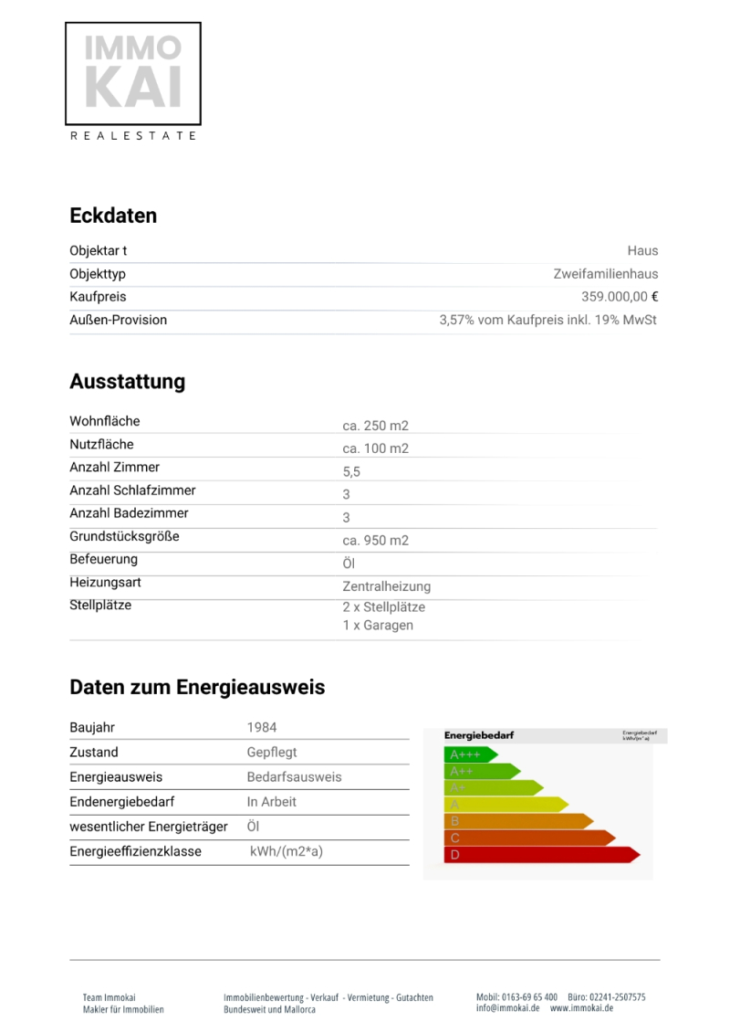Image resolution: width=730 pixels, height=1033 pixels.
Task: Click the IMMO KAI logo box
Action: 133,74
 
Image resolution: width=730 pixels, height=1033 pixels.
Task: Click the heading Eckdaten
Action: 113,216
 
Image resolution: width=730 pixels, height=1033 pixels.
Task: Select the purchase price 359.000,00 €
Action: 620,297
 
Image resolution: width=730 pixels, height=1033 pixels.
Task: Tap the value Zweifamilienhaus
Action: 605,274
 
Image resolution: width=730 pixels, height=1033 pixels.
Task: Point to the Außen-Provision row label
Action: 118,320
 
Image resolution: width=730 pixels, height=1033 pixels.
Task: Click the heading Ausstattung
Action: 127,382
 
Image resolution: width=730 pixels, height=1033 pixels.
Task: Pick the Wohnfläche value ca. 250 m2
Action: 375,426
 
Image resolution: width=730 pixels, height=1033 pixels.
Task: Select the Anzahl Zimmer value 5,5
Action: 352,471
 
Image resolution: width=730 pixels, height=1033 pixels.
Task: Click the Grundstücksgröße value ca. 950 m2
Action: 375,541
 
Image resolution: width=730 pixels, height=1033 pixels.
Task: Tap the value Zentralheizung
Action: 386,586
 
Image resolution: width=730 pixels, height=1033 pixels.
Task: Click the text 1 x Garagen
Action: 378,626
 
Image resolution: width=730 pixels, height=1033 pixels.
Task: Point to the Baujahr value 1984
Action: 261,728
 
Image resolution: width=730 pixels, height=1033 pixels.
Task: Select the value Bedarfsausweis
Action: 294,777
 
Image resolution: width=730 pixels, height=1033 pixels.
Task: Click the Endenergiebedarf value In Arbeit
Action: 271,802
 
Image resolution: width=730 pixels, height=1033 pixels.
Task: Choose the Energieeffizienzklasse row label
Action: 135,851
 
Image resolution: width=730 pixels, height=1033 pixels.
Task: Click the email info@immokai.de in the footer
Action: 507,1008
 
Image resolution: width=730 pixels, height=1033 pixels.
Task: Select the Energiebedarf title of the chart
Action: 479,735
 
